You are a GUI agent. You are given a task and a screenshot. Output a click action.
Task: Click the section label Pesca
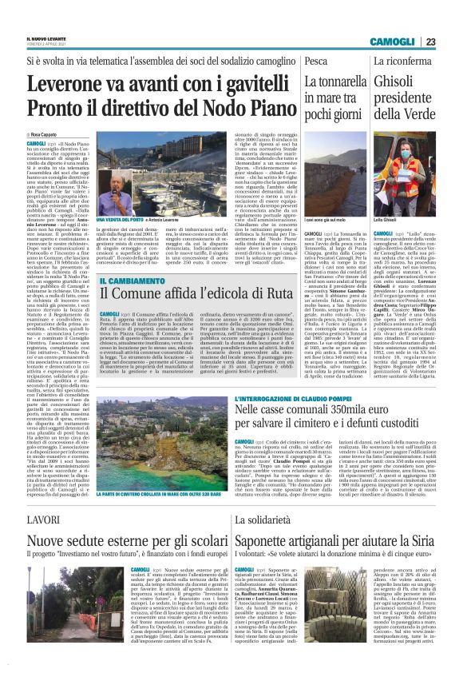pyautogui.click(x=315, y=61)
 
